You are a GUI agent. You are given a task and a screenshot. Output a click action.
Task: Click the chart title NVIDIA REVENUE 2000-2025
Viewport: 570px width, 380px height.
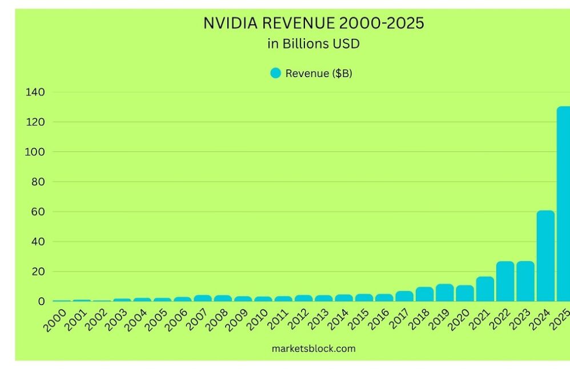(x=314, y=23)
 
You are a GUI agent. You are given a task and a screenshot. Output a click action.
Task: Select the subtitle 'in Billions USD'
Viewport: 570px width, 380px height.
(x=314, y=43)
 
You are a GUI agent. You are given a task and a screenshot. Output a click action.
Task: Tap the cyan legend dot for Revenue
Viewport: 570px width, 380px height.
(x=276, y=73)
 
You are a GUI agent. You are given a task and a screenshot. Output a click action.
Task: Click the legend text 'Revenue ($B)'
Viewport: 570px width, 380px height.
(x=319, y=73)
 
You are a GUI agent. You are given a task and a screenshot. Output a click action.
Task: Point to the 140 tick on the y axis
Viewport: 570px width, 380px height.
(x=35, y=92)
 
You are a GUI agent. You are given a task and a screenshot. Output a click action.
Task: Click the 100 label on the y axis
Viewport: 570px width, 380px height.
(x=35, y=152)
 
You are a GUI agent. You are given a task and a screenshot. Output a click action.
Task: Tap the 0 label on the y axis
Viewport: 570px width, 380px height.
(x=41, y=302)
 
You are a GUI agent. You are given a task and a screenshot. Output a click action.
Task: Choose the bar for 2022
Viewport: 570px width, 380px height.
(x=505, y=281)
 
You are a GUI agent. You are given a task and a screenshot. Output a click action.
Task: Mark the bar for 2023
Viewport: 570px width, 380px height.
(x=525, y=281)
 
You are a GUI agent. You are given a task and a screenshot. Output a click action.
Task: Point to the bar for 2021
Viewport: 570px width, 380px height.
(x=485, y=289)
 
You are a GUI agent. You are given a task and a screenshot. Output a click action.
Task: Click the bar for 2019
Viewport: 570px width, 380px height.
(x=444, y=293)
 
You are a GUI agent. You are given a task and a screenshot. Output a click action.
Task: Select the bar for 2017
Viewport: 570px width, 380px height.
(x=404, y=296)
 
